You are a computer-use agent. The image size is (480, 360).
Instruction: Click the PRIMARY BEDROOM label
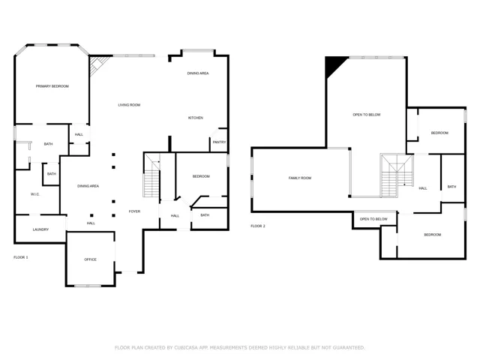pos(52,86)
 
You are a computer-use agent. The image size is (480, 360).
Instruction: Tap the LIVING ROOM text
pos(129,105)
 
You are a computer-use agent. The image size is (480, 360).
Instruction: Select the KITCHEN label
pos(195,118)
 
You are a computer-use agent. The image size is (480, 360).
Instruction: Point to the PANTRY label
pos(219,142)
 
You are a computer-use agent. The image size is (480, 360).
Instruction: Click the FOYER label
pos(134,211)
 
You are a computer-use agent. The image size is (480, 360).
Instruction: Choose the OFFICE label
pos(90,259)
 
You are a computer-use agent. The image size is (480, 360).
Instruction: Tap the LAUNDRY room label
pos(40,229)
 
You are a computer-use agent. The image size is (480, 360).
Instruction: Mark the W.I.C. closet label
pos(35,194)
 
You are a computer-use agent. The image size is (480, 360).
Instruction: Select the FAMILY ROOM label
pos(300,178)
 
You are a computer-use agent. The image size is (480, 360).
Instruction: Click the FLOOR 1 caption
pos(21,257)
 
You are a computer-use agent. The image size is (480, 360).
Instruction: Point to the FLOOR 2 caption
pos(258,226)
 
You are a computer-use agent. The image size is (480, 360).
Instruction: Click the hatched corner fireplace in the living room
pos(98,65)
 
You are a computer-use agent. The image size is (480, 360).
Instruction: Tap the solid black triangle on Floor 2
pos(334,65)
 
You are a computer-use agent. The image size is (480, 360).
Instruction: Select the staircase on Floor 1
pos(151,175)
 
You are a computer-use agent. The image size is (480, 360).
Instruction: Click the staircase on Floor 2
pos(397,175)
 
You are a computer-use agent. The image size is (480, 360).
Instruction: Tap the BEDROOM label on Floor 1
pos(201,177)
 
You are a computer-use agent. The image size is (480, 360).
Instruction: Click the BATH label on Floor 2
pos(451,187)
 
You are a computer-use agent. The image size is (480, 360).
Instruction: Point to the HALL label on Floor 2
pos(423,188)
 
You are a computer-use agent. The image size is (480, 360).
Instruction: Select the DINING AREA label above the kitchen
pos(198,73)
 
